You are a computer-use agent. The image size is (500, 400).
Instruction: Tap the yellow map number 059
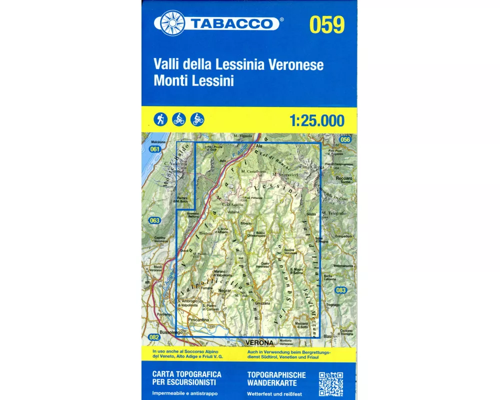pyautogui.click(x=327, y=25)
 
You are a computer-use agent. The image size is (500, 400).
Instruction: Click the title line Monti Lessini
pyautogui.click(x=194, y=80)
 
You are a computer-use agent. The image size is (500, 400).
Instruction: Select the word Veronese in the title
pyautogui.click(x=296, y=64)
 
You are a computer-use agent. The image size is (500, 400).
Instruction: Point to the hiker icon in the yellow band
pyautogui.click(x=160, y=119)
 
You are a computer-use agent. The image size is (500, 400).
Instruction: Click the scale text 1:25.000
pyautogui.click(x=316, y=120)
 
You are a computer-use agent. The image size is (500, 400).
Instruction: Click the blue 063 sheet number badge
pyautogui.click(x=154, y=220)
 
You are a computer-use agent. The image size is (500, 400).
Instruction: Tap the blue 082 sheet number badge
pyautogui.click(x=154, y=337)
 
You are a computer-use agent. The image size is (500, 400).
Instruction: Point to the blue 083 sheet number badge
pyautogui.click(x=341, y=290)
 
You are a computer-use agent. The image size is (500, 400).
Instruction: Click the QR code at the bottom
pyautogui.click(x=330, y=384)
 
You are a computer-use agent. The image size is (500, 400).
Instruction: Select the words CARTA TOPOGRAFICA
pyautogui.click(x=186, y=374)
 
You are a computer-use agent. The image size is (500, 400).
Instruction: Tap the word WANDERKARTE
pyautogui.click(x=272, y=383)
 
